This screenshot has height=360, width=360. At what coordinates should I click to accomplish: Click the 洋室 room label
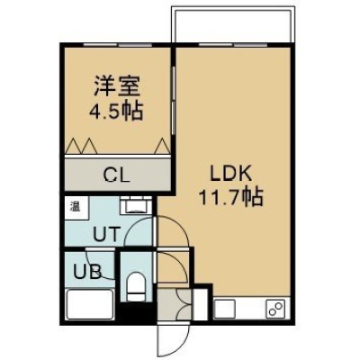click(117, 86)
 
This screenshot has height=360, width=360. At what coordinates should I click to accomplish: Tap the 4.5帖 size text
click(116, 111)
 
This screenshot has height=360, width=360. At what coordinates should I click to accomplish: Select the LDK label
click(230, 174)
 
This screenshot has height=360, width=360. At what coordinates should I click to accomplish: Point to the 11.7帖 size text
click(231, 197)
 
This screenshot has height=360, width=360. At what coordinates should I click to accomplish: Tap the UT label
click(106, 233)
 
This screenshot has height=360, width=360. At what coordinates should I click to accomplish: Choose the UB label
click(87, 272)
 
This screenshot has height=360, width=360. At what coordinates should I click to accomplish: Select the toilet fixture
click(136, 286)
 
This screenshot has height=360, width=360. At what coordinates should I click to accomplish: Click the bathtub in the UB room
click(90, 304)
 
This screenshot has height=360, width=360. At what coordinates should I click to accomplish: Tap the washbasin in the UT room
click(136, 205)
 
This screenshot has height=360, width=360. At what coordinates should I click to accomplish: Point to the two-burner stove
click(276, 309)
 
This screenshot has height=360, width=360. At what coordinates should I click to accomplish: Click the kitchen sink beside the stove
click(225, 309)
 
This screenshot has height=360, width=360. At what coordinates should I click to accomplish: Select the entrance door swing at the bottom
click(174, 339)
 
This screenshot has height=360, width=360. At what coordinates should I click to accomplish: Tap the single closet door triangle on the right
click(163, 146)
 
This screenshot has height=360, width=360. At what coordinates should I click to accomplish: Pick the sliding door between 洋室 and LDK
click(174, 100)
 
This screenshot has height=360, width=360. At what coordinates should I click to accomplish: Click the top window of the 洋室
click(118, 45)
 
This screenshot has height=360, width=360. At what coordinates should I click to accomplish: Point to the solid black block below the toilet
click(136, 312)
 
